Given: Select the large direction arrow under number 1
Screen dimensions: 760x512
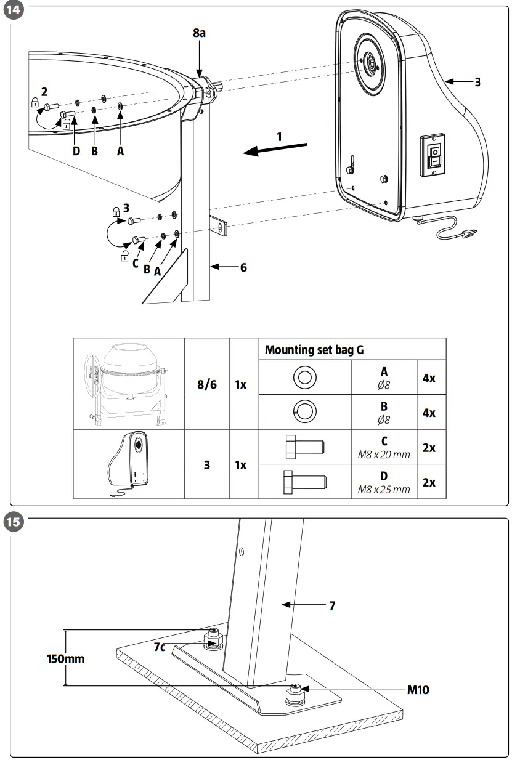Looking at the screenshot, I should pos(275,149).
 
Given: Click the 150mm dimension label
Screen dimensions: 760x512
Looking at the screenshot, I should pos(65,658).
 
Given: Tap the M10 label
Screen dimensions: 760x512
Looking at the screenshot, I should pos(418,689).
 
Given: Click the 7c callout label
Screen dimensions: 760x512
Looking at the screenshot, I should pos(160,646).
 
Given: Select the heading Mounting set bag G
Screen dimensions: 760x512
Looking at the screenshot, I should pos(314,350).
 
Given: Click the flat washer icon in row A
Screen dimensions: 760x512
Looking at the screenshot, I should pos(304,377).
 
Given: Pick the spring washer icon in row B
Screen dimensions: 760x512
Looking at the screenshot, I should pos(304,411).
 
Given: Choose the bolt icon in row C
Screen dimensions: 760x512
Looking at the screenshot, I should pos(304,447).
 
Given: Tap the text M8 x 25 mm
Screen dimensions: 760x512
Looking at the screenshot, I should pos(384,490).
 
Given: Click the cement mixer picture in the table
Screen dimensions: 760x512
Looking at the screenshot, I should pos(128,383).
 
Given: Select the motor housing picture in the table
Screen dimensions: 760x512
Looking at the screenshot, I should pos(129,464).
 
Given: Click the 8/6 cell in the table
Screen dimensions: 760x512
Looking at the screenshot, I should pos(207,383).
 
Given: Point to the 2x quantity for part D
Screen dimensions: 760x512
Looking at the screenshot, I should pos(429,482).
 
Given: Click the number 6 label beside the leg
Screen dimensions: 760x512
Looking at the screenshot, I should pos(243,267).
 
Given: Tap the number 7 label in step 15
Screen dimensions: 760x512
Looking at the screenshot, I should pos(332,605).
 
